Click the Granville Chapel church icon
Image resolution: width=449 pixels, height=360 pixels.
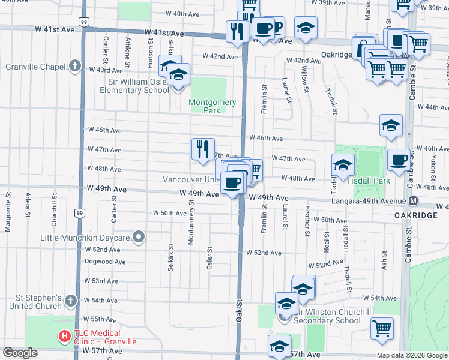[75, 65]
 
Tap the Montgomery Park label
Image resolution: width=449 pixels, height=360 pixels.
[208, 106]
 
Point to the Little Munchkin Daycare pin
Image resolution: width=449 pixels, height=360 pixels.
[139, 238]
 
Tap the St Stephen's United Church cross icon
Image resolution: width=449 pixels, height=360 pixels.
[71, 300]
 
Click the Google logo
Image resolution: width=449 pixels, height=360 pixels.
[20, 353]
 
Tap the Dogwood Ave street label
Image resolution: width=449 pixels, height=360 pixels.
[105, 262]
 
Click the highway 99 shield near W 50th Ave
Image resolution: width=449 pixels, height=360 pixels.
[79, 213]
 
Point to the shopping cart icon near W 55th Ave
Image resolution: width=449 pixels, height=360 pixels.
[382, 327]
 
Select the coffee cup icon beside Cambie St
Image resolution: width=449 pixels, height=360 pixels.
[399, 159]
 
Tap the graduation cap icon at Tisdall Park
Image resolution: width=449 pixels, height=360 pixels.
[343, 164]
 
